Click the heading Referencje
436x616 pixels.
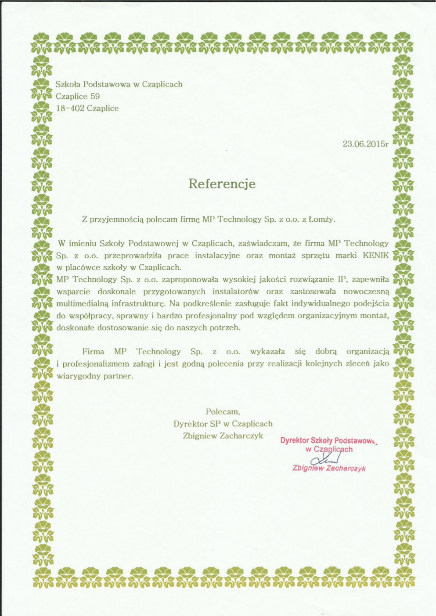[x=222, y=183]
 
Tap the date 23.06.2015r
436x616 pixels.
[x=366, y=144]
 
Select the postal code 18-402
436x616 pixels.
[x=70, y=108]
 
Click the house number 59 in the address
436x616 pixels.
[x=95, y=96]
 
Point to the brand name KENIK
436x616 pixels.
[x=376, y=255]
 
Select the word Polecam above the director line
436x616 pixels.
[x=223, y=411]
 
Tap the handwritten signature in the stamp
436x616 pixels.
[x=325, y=459]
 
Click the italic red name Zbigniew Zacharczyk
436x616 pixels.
[x=329, y=468]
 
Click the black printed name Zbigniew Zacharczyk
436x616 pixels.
[x=223, y=436]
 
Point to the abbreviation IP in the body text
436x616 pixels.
[x=342, y=279]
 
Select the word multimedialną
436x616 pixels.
[x=82, y=303]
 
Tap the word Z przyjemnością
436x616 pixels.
[x=113, y=219]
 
